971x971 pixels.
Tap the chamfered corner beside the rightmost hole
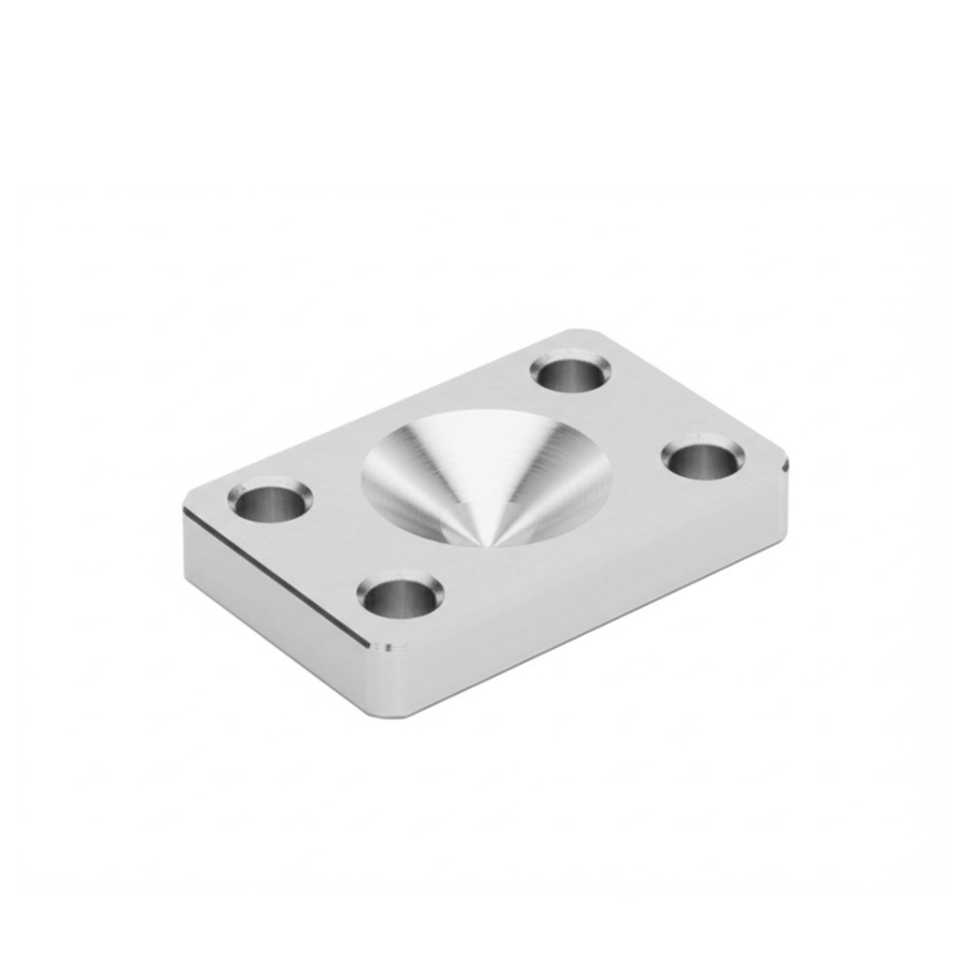(785, 464)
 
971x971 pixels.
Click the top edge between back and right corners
(694, 393)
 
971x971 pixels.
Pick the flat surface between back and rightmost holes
(641, 413)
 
